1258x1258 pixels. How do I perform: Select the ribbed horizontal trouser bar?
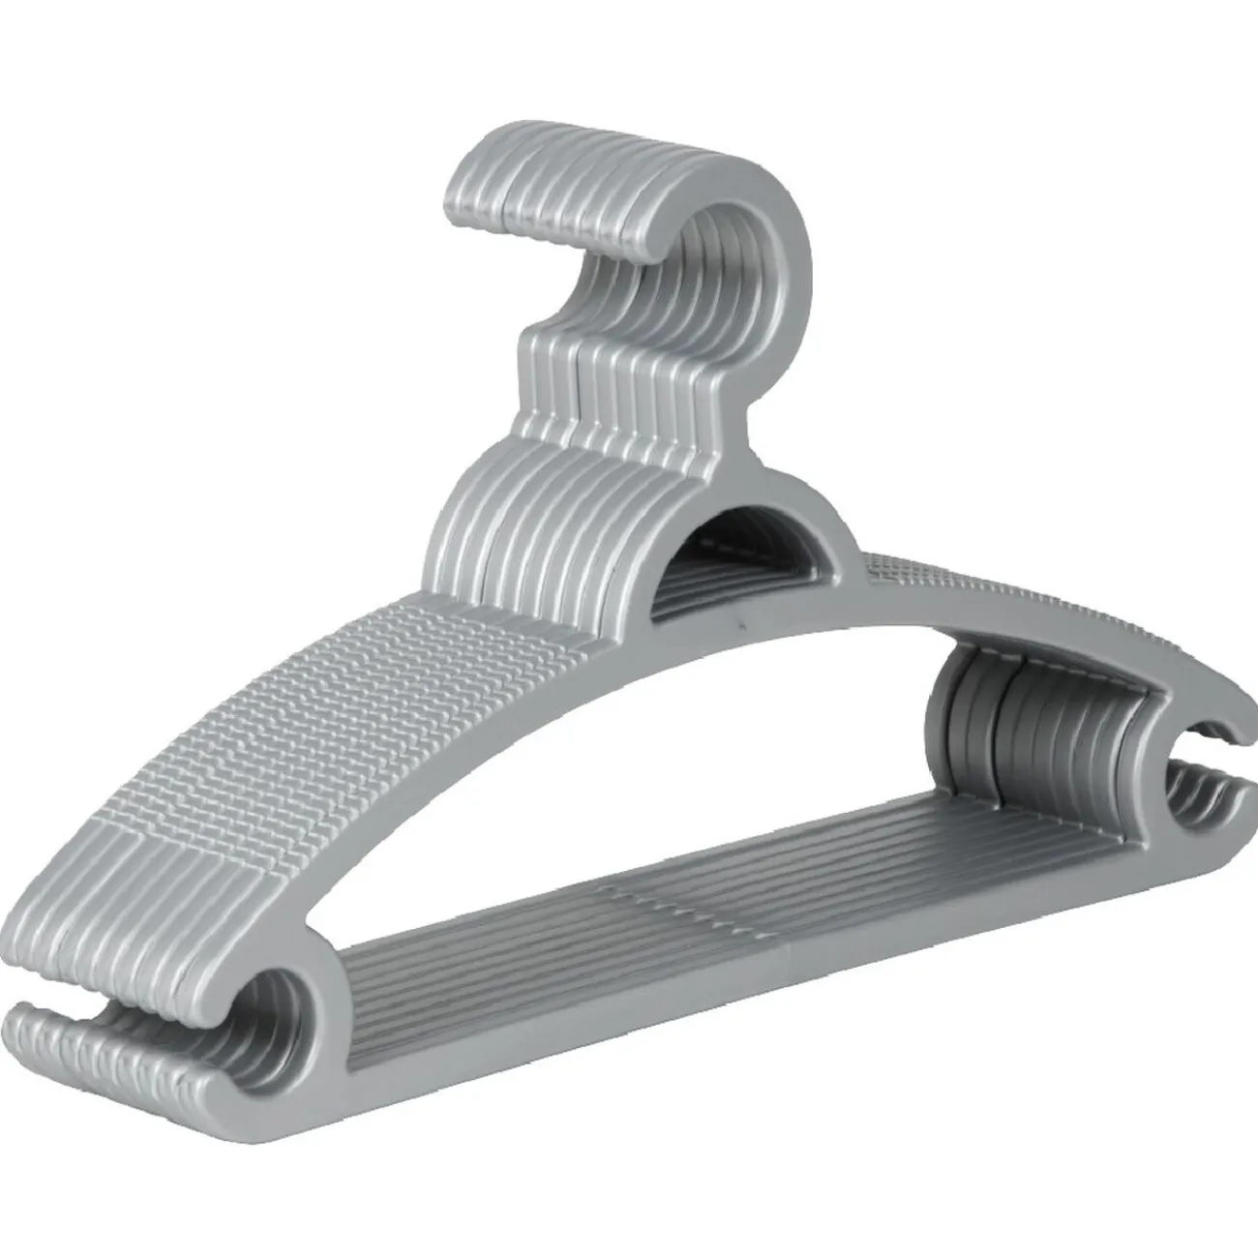677,929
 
